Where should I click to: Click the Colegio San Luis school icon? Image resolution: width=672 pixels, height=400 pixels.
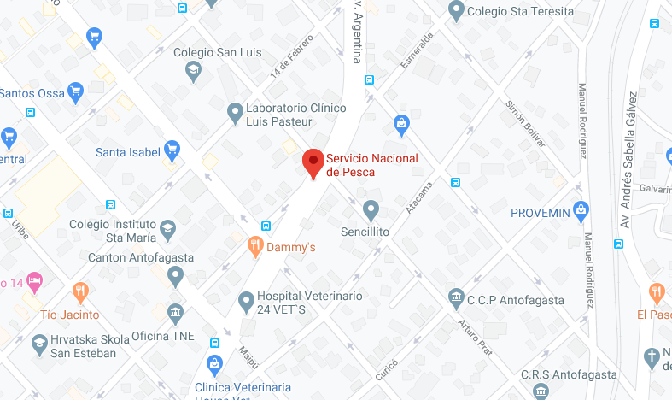coord(194,70)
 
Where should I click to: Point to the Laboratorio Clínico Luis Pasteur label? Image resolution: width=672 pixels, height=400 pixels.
coord(295,115)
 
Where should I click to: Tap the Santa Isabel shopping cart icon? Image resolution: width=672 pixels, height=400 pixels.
coord(172,151)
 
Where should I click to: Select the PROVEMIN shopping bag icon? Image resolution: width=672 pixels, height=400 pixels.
coord(581,210)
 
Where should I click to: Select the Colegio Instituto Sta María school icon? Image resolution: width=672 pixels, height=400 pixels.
coord(167,227)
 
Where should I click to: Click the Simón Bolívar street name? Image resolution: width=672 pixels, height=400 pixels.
coord(525,123)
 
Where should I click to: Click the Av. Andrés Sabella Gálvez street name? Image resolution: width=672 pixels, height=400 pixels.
coord(631,158)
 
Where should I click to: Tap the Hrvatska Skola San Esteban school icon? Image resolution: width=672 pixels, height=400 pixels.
coord(38,344)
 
